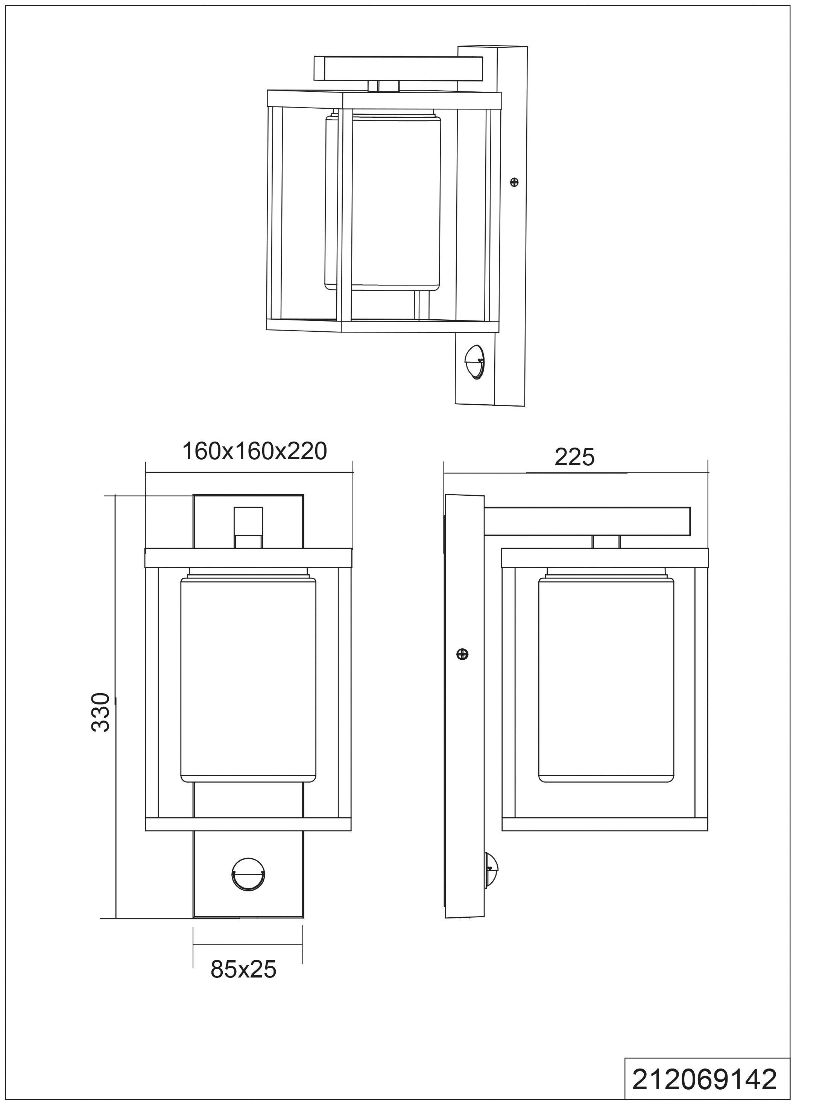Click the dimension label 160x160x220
click(x=254, y=451)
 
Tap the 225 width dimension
click(x=575, y=457)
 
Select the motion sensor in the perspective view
click(x=475, y=361)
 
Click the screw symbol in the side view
click(x=463, y=654)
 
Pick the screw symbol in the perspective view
click(x=514, y=182)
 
